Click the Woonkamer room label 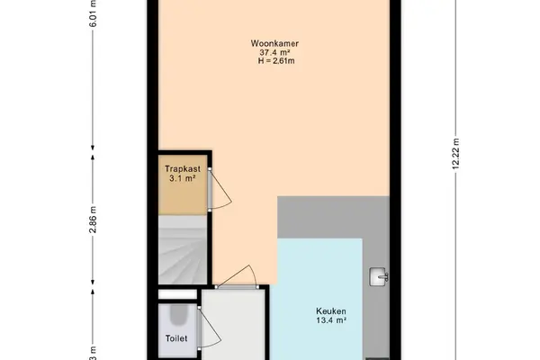[274, 44]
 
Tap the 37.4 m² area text [274, 52]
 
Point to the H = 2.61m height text [276, 61]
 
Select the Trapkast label [183, 169]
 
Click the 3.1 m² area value [183, 178]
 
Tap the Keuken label [331, 311]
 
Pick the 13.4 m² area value [331, 320]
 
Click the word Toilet [176, 338]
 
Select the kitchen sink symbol [379, 276]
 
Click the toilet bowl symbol [178, 314]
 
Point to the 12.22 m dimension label [456, 154]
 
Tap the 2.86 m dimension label [93, 220]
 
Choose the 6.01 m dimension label [93, 13]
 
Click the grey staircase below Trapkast [183, 250]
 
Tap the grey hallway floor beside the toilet [233, 325]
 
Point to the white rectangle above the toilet [177, 294]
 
